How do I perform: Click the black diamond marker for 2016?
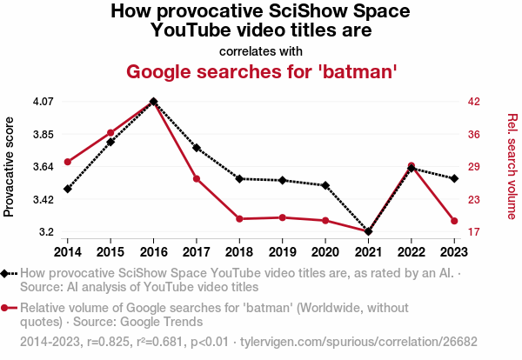153,102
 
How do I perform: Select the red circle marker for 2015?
110,132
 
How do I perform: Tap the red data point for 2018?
239,219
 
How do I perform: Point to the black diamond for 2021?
368,231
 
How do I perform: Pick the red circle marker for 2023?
454,221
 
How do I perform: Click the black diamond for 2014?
68,189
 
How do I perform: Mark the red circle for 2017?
197,179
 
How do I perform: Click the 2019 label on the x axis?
282,252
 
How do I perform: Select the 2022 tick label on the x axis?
411,252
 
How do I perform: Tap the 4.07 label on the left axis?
43,102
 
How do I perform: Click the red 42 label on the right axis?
474,102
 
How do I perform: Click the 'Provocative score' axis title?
10,166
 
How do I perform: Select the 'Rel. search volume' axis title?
512,166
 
